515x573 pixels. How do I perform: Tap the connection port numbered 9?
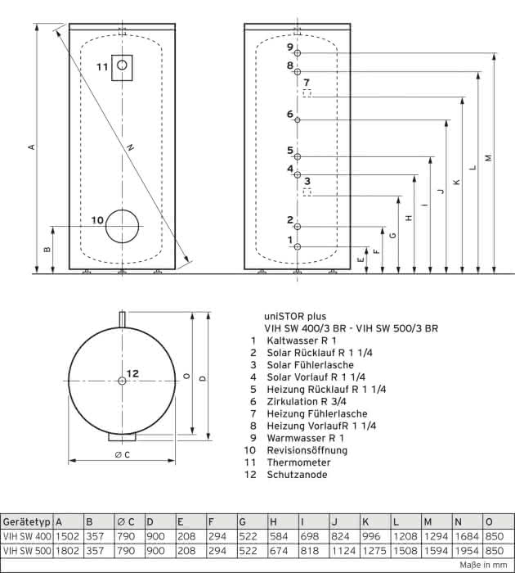pyautogui.click(x=298, y=53)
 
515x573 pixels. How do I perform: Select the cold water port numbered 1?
pyautogui.click(x=298, y=247)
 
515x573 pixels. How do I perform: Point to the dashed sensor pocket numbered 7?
pyautogui.click(x=307, y=93)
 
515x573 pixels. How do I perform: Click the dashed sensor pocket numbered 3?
pyautogui.click(x=307, y=192)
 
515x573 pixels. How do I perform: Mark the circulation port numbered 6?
pyautogui.click(x=298, y=120)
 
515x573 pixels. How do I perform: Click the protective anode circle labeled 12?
pyautogui.click(x=122, y=381)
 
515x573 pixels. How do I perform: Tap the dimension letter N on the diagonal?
pyautogui.click(x=130, y=147)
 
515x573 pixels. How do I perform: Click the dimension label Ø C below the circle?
pyautogui.click(x=122, y=455)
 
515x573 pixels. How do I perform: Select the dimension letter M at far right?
pyautogui.click(x=488, y=158)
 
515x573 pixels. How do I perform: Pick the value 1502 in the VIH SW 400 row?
pyautogui.click(x=67, y=536)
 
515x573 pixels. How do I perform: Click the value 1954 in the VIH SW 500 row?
pyautogui.click(x=468, y=550)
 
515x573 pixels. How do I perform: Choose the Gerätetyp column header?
pyautogui.click(x=27, y=522)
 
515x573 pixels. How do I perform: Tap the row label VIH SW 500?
pyautogui.click(x=27, y=550)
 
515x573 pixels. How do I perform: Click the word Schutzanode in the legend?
pyautogui.click(x=297, y=475)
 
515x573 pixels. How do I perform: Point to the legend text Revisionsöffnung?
pyautogui.click(x=307, y=450)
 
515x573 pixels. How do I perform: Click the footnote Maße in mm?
pyautogui.click(x=483, y=565)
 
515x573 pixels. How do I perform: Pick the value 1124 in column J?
pyautogui.click(x=343, y=550)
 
